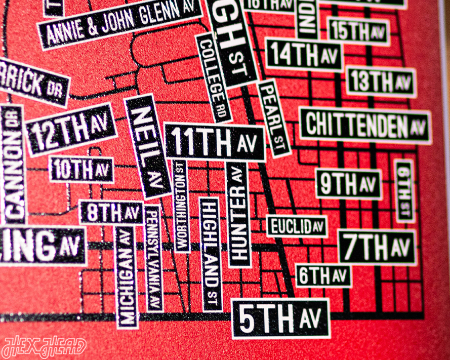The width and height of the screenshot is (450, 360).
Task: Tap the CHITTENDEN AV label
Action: pyautogui.click(x=365, y=126)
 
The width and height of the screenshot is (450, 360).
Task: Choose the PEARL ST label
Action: pyautogui.click(x=274, y=118)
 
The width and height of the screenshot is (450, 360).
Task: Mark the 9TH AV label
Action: pyautogui.click(x=349, y=184)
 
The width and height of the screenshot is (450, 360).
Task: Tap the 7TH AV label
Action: pyautogui.click(x=377, y=247)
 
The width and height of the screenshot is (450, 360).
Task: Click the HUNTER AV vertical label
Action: pyautogui.click(x=239, y=215)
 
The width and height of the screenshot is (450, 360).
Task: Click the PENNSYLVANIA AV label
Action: pyautogui.click(x=154, y=258)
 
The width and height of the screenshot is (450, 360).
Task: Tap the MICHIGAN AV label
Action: pyautogui.click(x=127, y=276)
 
